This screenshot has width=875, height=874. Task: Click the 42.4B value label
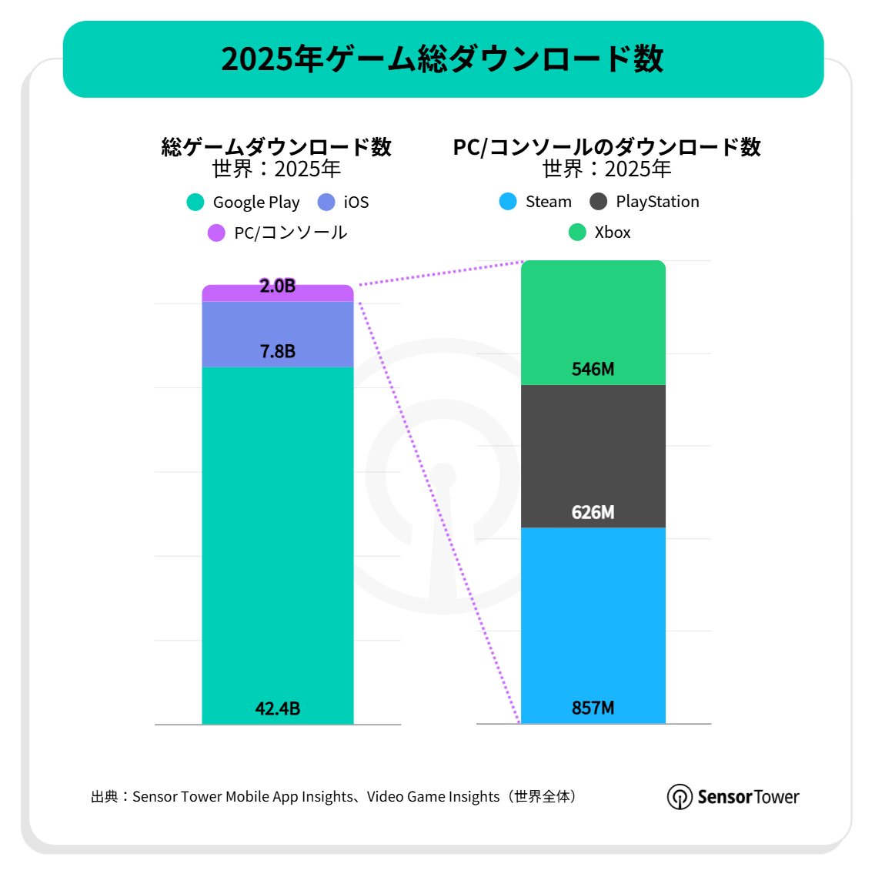(278, 708)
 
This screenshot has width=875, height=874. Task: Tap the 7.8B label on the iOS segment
(278, 351)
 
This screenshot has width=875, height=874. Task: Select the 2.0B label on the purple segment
(278, 286)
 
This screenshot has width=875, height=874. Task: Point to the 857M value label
(593, 708)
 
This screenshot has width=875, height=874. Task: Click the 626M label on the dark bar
(593, 512)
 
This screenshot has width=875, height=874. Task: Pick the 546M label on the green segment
(593, 369)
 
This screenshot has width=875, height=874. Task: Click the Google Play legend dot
(195, 203)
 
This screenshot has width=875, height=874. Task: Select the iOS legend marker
(326, 203)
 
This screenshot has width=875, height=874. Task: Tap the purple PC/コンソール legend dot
(216, 233)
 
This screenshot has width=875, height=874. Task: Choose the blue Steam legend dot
(508, 202)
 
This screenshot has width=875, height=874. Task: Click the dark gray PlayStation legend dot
(598, 202)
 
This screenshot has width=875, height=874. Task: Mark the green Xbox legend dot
(577, 232)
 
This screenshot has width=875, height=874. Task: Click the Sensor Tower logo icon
(680, 796)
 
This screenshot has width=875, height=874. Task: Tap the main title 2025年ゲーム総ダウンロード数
(443, 59)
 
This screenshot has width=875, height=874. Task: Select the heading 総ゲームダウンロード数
(276, 146)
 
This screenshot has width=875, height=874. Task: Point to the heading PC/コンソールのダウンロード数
(606, 146)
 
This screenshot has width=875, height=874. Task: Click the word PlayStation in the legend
(657, 202)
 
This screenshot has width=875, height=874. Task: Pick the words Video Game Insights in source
(433, 796)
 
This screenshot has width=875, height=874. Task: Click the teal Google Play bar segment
(278, 539)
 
